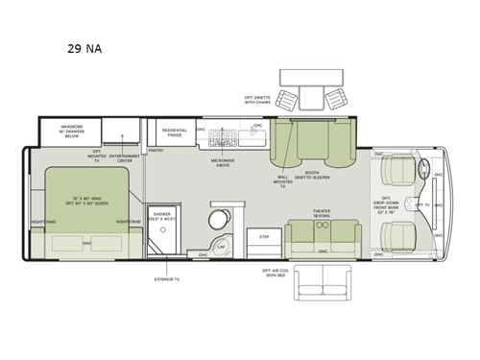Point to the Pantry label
coord(156,151)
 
